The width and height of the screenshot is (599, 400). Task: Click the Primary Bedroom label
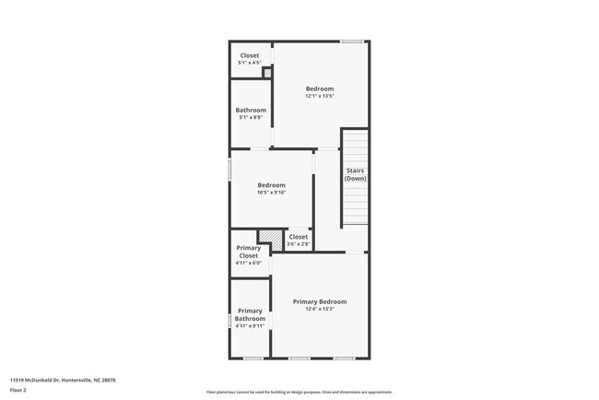(320, 301)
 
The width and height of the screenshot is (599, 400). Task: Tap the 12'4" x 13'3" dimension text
(320, 310)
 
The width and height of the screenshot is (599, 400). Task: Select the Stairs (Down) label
(356, 174)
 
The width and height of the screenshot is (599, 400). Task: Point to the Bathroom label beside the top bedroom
(251, 110)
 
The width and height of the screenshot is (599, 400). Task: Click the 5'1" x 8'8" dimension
(251, 118)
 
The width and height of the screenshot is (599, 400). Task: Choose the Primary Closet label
(249, 252)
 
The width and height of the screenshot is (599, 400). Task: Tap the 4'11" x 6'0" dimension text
(249, 263)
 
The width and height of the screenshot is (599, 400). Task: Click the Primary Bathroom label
(250, 314)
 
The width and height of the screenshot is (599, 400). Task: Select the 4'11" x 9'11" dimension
(250, 326)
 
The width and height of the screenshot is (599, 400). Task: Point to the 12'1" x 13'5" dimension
(320, 96)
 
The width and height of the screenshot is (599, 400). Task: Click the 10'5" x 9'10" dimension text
(272, 193)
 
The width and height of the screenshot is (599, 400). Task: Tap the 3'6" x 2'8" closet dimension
(299, 244)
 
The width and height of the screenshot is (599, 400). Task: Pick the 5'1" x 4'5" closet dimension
(250, 63)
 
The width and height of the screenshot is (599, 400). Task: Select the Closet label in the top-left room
(250, 55)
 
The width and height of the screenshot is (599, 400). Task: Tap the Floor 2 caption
(18, 391)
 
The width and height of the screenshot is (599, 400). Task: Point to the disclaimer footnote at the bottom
(299, 393)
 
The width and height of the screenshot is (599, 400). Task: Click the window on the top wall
(351, 41)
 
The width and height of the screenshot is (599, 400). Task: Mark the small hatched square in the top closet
(267, 74)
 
